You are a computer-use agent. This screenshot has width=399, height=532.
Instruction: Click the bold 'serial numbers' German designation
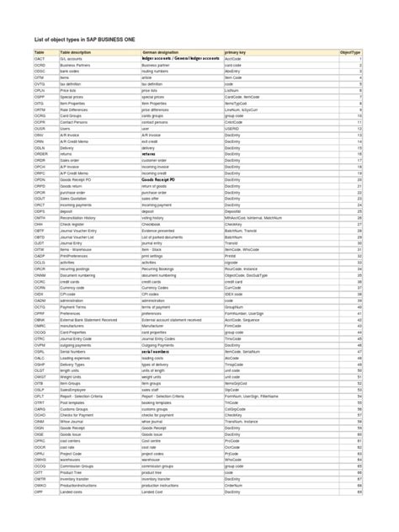157,351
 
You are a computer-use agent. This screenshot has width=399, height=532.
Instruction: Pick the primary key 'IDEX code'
234,294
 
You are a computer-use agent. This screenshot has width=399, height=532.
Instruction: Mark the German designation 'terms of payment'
158,306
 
